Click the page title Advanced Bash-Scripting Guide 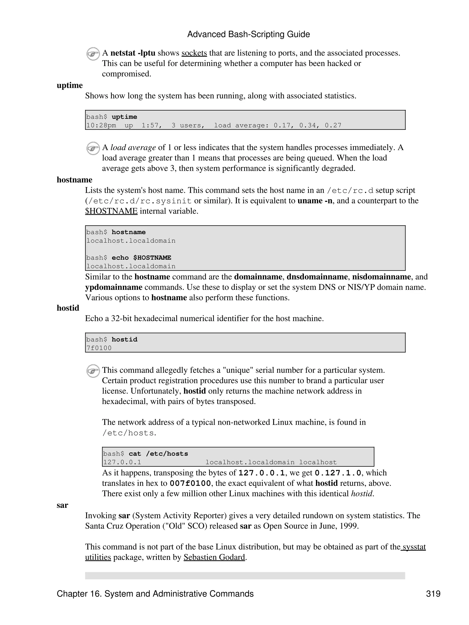point(248,34)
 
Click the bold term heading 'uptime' point(69,85)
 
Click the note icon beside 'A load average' point(93,148)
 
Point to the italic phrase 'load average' point(133,147)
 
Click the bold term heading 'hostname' point(74,180)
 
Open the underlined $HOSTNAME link point(111,211)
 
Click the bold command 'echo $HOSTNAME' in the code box point(141,258)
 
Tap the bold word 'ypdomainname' point(114,287)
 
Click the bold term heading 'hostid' point(68,308)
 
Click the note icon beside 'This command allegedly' point(93,371)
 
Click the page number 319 point(433,594)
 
